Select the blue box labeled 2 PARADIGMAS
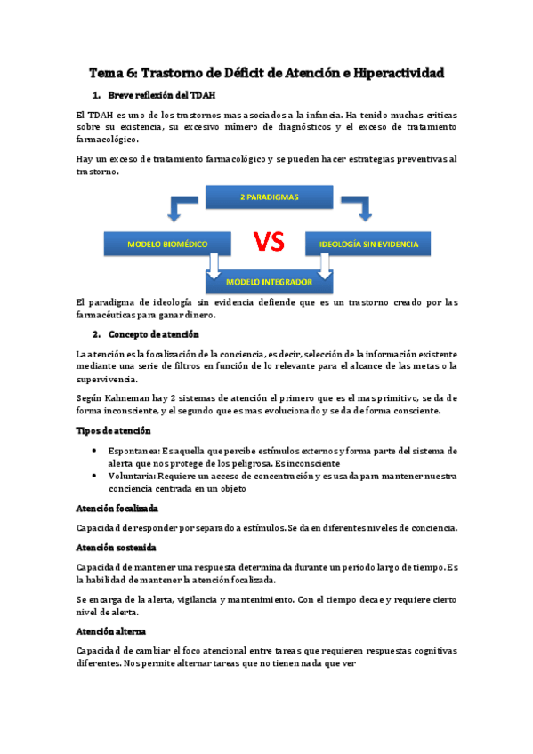(x=270, y=197)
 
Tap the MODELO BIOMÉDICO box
(x=169, y=242)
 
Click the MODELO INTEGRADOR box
(x=270, y=281)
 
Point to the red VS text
(x=270, y=242)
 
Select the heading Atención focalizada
(x=117, y=508)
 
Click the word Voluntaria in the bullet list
(x=132, y=477)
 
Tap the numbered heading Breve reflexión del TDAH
(x=161, y=95)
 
